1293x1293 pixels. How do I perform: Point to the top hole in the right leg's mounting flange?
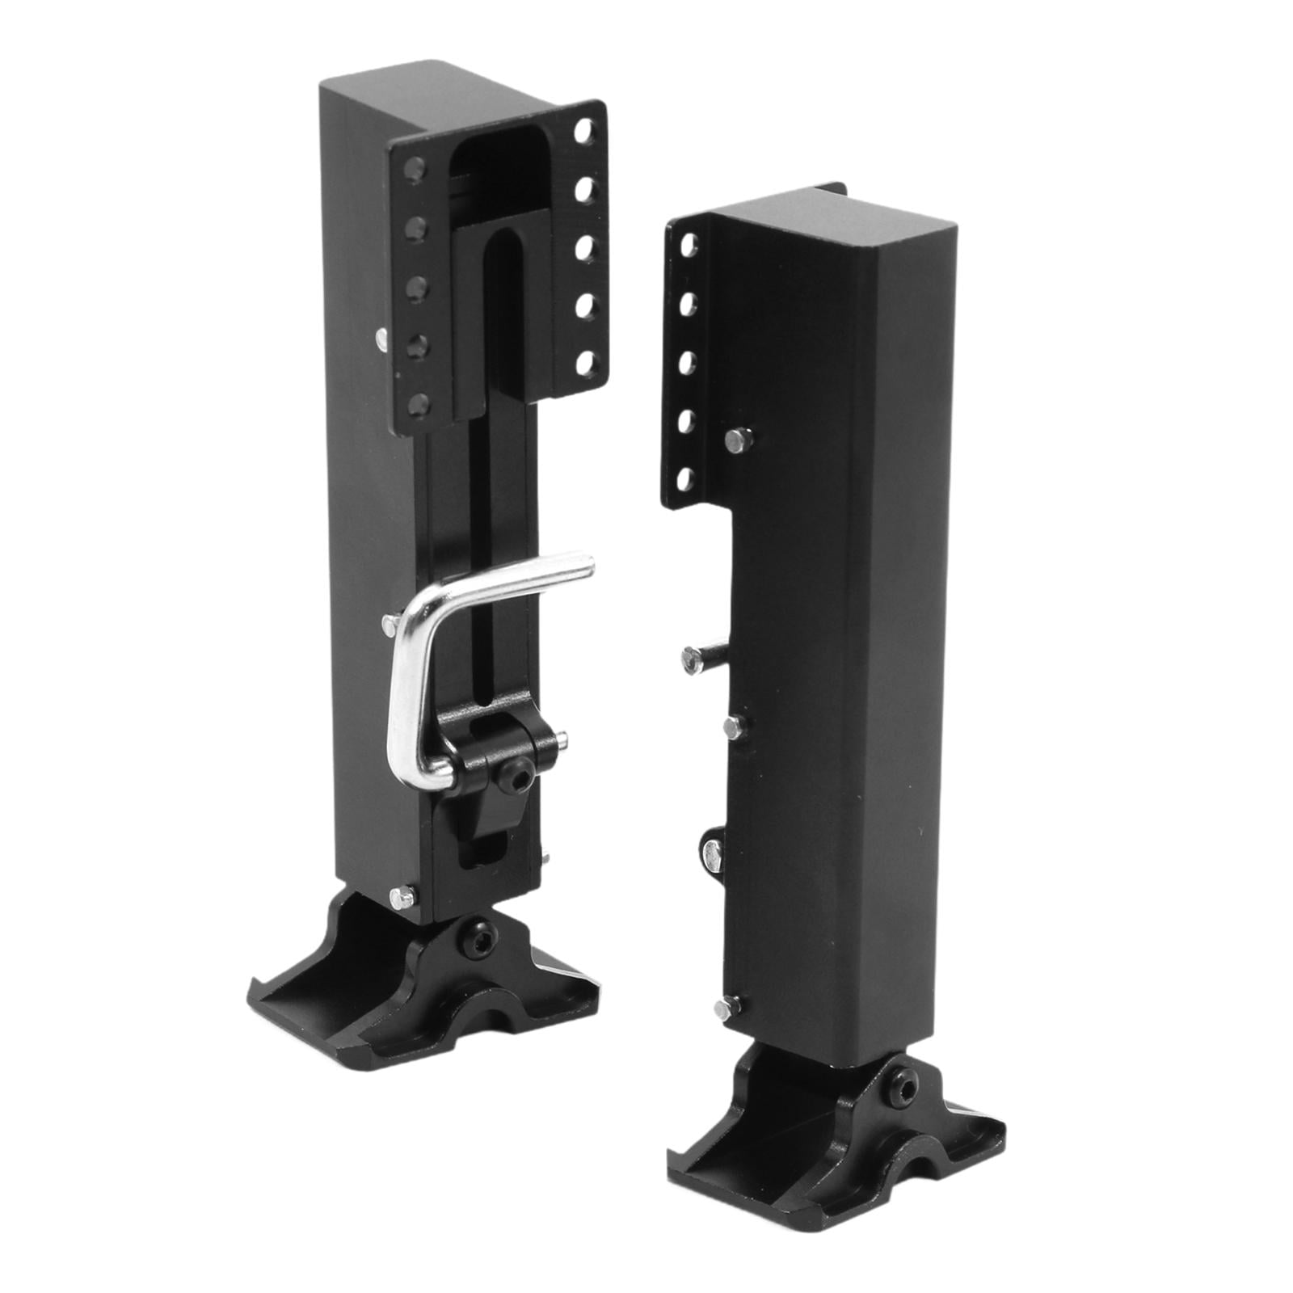tap(689, 244)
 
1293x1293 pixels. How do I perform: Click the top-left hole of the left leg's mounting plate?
tap(414, 167)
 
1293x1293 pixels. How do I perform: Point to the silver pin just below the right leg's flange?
tap(736, 441)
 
